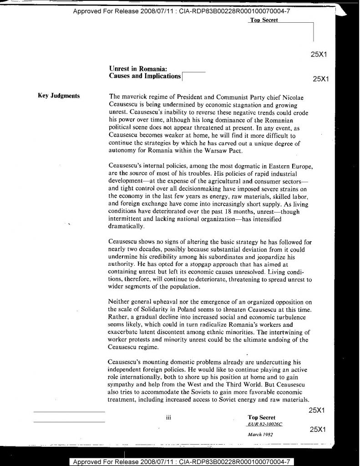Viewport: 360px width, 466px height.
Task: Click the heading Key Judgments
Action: tap(58, 96)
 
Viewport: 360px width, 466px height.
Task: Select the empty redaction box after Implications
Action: tap(194, 76)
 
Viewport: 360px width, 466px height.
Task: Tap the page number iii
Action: tap(168, 417)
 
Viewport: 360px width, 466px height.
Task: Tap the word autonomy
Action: tap(123, 151)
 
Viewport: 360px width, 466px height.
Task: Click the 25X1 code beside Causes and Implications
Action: tap(321, 78)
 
